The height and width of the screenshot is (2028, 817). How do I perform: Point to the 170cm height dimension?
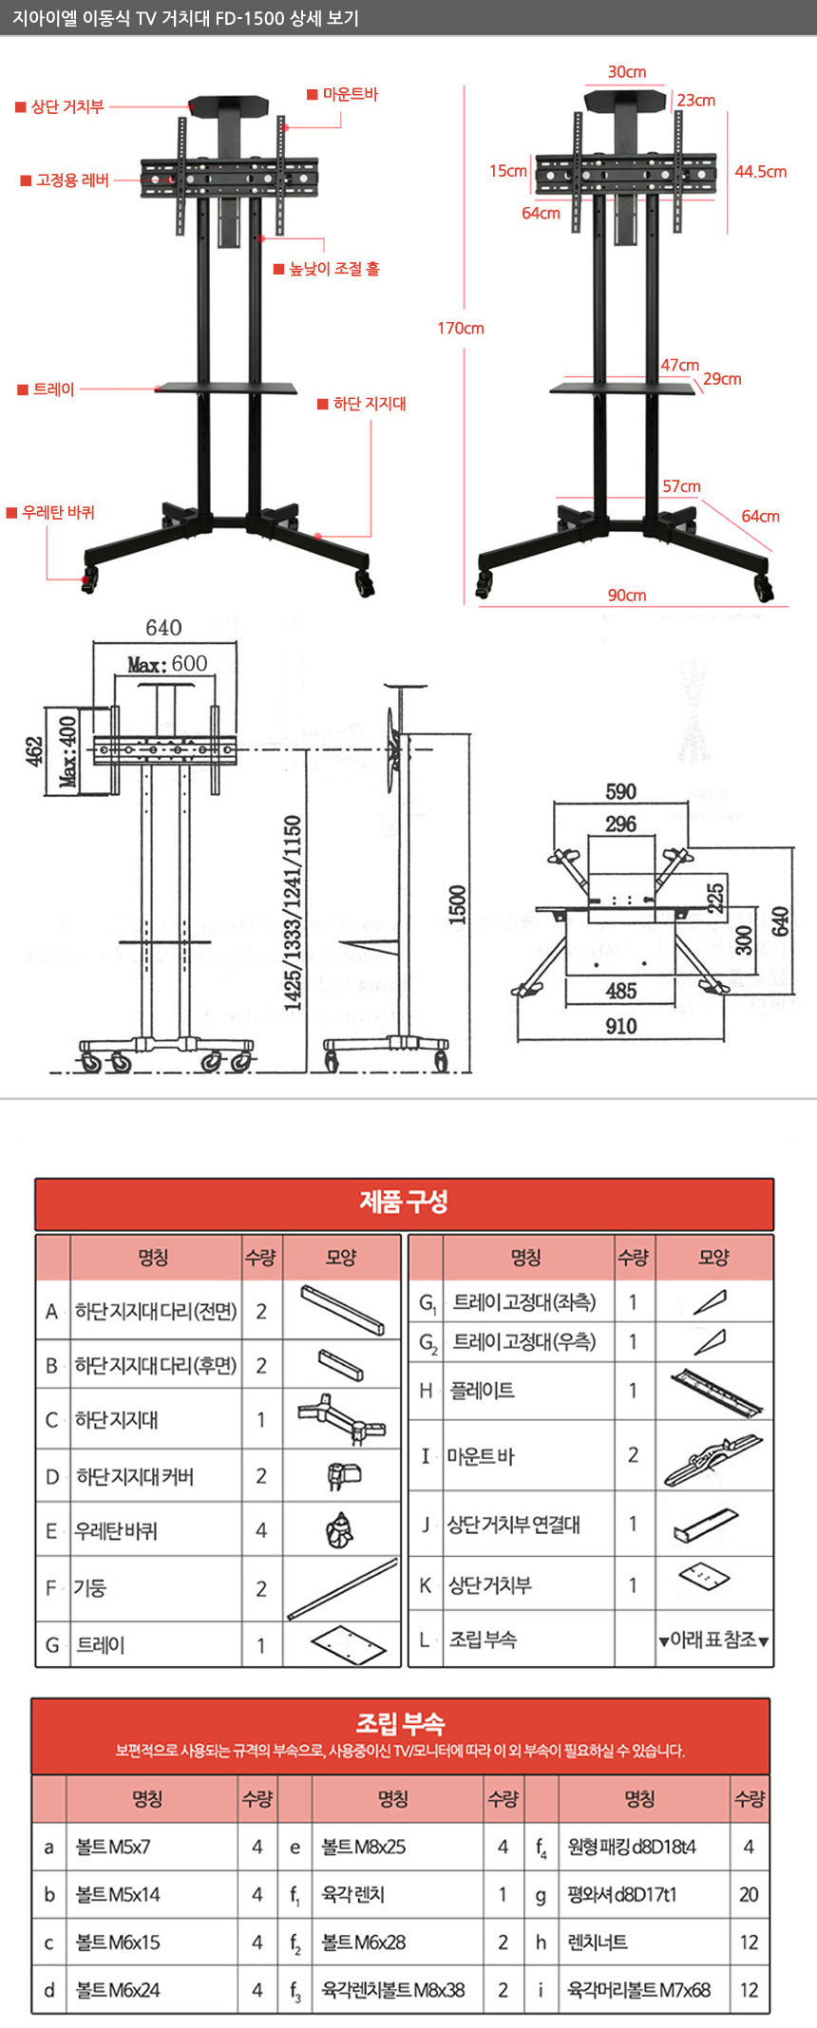tap(461, 329)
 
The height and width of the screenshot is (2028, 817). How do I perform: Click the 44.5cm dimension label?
tap(760, 172)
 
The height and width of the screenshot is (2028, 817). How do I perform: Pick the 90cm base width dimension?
tap(627, 596)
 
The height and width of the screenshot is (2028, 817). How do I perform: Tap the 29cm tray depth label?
tap(722, 379)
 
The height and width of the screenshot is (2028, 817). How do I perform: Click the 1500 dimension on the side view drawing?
tap(458, 903)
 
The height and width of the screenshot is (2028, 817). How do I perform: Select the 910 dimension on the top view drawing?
tap(621, 1026)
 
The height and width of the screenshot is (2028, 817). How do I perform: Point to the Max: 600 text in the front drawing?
tap(168, 664)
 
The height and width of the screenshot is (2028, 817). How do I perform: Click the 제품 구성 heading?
tap(404, 1203)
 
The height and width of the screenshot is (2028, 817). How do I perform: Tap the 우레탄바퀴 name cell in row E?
tap(116, 1530)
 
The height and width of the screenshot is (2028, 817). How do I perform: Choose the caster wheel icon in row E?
tap(339, 1529)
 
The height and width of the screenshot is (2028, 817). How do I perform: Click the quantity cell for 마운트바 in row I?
tap(633, 1455)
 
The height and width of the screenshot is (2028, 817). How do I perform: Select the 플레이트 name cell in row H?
tap(483, 1391)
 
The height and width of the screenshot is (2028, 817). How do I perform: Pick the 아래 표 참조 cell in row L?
tap(713, 1639)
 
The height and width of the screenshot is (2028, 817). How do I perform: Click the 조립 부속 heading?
tap(400, 1723)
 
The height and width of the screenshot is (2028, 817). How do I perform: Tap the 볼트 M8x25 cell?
tap(364, 1847)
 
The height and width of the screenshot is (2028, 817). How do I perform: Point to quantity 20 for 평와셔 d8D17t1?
tap(749, 1894)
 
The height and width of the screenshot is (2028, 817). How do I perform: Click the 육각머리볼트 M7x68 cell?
tap(638, 1989)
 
